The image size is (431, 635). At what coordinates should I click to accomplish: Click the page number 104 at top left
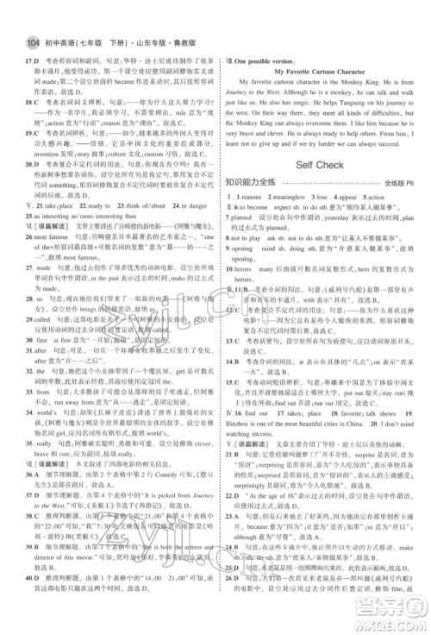pos(16,16)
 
